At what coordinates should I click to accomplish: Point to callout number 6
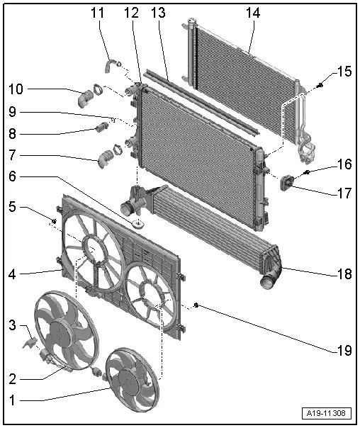pos(12,177)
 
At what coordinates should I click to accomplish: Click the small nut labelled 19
pos(196,306)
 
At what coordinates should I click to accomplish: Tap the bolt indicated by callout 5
pos(54,222)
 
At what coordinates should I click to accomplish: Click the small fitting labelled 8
pos(100,128)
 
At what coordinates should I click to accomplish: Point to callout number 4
pos(12,273)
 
